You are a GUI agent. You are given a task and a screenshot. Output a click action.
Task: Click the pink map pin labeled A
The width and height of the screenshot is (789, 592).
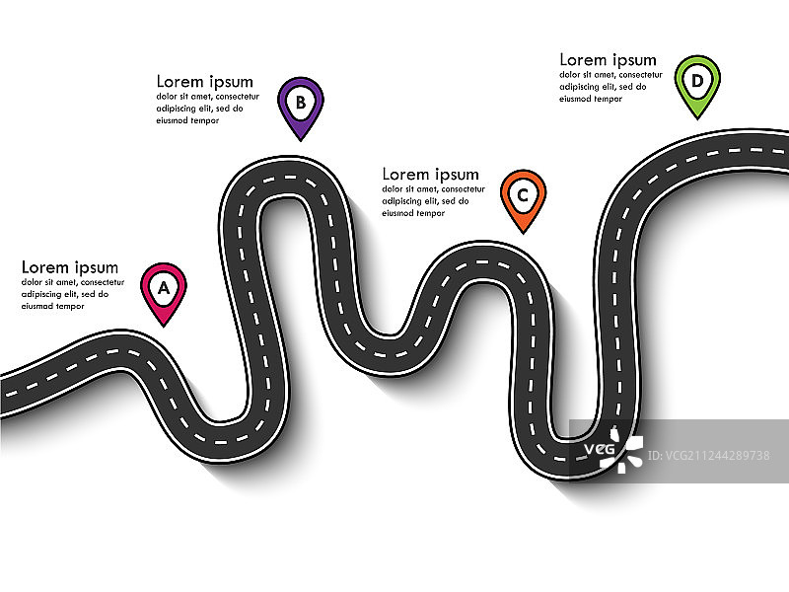(164, 290)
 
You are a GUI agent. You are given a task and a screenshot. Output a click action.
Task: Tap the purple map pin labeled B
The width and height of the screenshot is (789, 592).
(301, 103)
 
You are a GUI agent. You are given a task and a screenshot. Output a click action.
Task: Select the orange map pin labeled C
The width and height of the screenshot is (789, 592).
(523, 196)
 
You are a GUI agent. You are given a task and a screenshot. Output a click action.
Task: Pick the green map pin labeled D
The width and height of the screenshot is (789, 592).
(697, 83)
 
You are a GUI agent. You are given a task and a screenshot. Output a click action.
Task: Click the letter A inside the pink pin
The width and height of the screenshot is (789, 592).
(164, 286)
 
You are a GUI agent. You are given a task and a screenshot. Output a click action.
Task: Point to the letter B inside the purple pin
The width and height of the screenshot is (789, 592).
(301, 100)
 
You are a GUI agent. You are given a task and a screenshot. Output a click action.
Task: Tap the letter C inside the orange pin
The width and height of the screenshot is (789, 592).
(523, 192)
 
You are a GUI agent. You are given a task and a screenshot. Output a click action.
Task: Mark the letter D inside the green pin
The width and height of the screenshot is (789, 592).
(697, 80)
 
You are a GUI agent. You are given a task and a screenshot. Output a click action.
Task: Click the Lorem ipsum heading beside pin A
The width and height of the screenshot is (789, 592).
(70, 267)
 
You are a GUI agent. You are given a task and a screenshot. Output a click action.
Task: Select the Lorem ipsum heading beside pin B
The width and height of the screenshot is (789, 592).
(205, 82)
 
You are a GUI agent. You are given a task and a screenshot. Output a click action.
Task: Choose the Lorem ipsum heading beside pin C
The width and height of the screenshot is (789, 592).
(430, 175)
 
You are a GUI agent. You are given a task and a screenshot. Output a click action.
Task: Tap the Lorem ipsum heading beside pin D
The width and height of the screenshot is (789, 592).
(608, 60)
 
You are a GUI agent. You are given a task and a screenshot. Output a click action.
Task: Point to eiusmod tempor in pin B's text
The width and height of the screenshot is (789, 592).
(188, 120)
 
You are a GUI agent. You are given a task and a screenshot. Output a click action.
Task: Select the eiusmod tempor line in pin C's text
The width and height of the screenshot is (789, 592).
(413, 213)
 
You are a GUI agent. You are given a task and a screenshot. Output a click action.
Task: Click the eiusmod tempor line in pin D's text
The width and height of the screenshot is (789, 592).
(591, 99)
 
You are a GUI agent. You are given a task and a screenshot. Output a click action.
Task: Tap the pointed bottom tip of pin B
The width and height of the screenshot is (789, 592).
(301, 137)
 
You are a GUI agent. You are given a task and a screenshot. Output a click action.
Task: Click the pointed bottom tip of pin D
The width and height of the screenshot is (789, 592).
(697, 117)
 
